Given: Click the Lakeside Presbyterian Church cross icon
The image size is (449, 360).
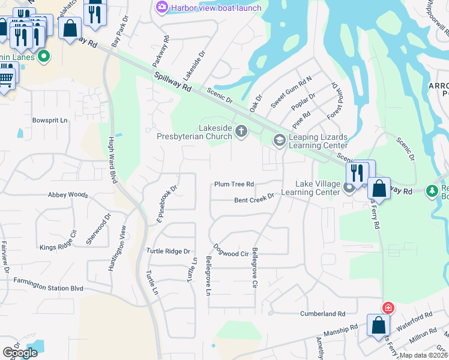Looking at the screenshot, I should [241, 131].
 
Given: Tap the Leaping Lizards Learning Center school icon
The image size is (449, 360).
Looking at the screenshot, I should [279, 140].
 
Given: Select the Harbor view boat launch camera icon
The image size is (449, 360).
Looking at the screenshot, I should [161, 7].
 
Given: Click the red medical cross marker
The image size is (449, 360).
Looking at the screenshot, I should [388, 308].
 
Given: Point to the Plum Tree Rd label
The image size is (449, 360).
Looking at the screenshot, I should [235, 184].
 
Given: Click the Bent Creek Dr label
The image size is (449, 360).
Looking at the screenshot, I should [254, 196].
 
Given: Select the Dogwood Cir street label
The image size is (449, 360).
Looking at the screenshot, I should [231, 251].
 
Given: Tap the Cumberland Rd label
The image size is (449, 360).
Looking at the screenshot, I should [324, 314].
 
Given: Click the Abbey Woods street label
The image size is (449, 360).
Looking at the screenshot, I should [68, 195].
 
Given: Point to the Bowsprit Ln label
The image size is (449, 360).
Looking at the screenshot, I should [50, 121].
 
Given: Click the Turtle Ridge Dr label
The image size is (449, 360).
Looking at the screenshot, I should [169, 251].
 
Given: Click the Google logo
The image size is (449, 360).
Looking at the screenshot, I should [20, 352].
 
